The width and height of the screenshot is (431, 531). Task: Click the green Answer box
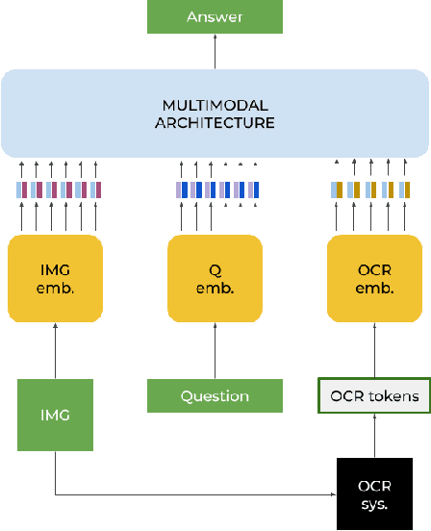(215, 16)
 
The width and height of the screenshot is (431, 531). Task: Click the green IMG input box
(55, 415)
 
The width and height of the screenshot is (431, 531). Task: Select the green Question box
(215, 395)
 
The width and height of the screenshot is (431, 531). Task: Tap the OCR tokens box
(375, 395)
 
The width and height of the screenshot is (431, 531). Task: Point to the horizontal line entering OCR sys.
(192, 495)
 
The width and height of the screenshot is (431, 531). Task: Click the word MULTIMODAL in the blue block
(215, 104)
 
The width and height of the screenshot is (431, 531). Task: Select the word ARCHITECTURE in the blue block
(215, 122)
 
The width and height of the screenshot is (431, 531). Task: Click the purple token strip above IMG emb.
(59, 190)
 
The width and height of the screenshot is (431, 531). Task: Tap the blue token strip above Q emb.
(216, 190)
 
